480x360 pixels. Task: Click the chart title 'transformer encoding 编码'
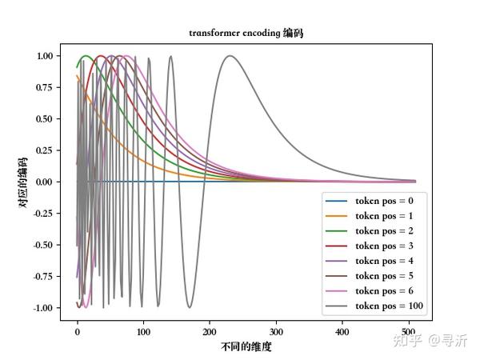click(x=246, y=33)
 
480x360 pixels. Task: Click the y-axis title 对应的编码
click(x=24, y=181)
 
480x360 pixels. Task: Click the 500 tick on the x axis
click(x=410, y=330)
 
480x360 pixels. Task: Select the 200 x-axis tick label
click(x=210, y=330)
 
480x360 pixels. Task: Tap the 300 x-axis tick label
click(x=277, y=330)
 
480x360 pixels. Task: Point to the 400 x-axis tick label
click(x=343, y=330)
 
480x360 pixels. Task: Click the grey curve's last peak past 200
click(x=230, y=56)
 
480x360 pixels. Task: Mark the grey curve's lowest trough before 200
click(x=190, y=307)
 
